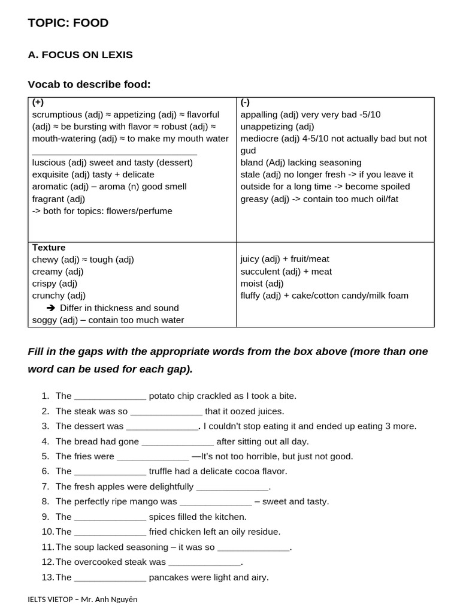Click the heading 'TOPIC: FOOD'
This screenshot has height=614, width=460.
pos(68,23)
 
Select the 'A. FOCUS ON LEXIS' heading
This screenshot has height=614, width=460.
pos(80,55)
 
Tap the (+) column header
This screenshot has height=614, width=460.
pos(38,103)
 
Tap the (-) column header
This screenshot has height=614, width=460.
pos(246,103)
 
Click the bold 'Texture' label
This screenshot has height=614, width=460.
pos(49,248)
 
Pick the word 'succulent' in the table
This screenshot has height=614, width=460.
pos(260,272)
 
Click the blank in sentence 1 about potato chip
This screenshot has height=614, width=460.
pos(110,396)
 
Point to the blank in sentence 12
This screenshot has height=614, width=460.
pos(204,562)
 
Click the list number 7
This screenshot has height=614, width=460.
pos(46,486)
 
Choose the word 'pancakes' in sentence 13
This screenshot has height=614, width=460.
pos(169,577)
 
